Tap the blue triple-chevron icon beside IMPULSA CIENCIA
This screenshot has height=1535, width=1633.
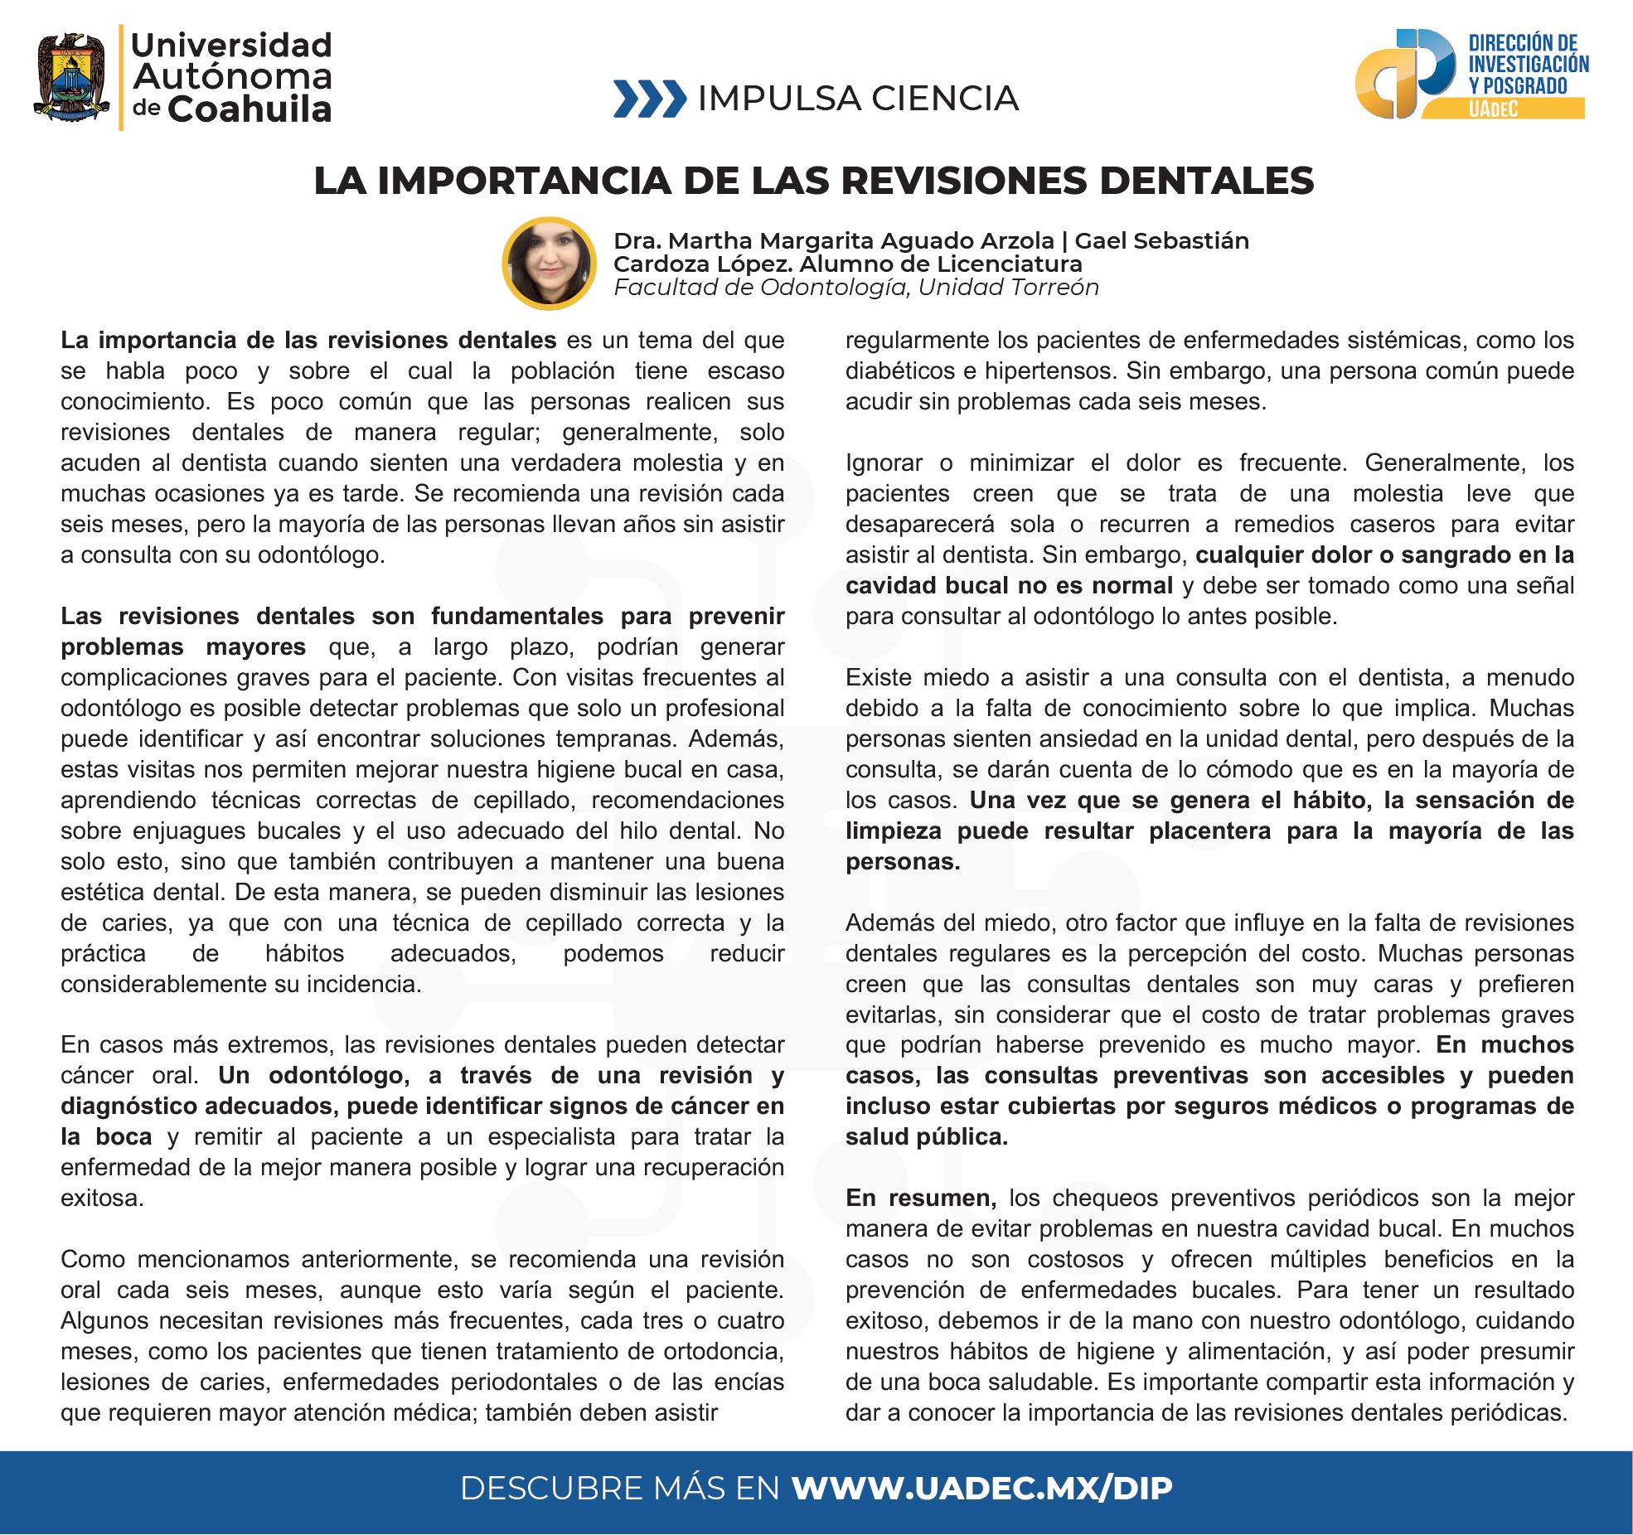[x=650, y=99]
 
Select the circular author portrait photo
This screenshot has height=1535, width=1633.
[x=549, y=264]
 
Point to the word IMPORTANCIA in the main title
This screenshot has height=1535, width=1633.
[x=525, y=182]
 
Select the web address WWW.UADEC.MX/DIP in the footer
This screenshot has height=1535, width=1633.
[x=982, y=1489]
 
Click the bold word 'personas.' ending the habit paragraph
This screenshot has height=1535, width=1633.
[x=903, y=861]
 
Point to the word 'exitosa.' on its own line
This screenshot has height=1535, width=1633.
[x=102, y=1198]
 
